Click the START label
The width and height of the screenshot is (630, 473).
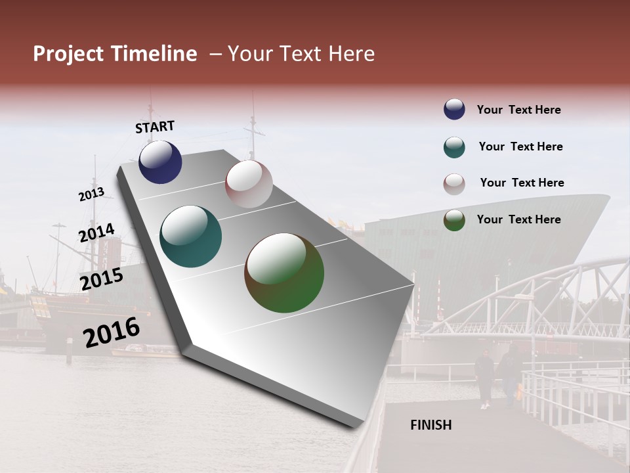click(x=155, y=126)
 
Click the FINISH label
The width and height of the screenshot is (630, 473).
click(x=430, y=425)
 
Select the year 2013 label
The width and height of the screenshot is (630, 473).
click(x=91, y=194)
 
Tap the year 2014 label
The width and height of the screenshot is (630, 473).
click(x=96, y=233)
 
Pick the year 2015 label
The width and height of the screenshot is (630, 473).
click(x=102, y=279)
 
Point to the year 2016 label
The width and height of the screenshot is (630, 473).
click(x=112, y=332)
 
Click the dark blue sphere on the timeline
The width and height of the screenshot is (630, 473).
click(x=160, y=162)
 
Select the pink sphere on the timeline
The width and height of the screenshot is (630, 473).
click(x=249, y=184)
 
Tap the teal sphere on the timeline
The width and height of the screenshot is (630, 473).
click(x=190, y=236)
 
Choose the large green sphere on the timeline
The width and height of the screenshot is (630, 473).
click(x=284, y=273)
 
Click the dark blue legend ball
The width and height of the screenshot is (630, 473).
click(x=454, y=109)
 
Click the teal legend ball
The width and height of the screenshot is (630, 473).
click(x=454, y=147)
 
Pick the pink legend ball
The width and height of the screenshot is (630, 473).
click(x=454, y=184)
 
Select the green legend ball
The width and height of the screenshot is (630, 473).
click(x=454, y=220)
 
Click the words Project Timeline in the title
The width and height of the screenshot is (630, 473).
click(x=115, y=54)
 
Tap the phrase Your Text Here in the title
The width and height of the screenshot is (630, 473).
click(x=301, y=54)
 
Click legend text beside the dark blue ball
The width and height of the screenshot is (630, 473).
click(x=518, y=110)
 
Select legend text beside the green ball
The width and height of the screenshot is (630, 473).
click(x=518, y=219)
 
